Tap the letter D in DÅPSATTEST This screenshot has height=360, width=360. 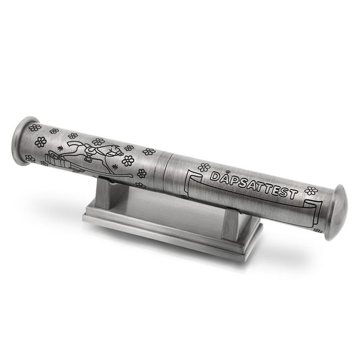215,176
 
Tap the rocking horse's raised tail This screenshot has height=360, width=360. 74,145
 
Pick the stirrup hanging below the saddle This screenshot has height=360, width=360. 87,158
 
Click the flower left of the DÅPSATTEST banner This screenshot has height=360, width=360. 204,167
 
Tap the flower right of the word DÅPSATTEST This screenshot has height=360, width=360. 311,191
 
